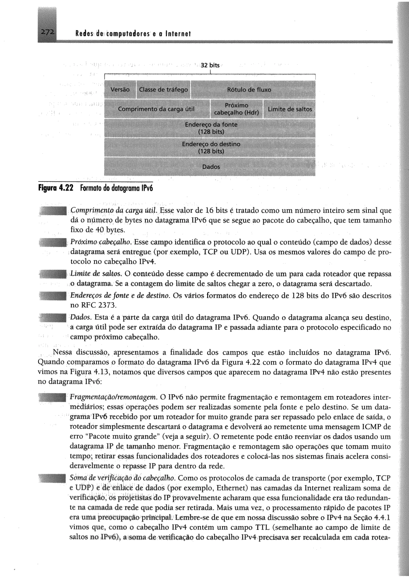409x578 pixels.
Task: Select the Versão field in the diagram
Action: click(x=120, y=90)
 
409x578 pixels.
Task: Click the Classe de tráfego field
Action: click(x=163, y=90)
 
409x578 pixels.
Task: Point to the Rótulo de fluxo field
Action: click(x=249, y=90)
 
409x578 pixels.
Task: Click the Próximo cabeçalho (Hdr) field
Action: click(x=236, y=109)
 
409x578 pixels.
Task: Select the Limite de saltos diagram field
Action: click(x=290, y=109)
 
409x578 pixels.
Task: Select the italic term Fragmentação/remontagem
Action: click(x=114, y=397)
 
